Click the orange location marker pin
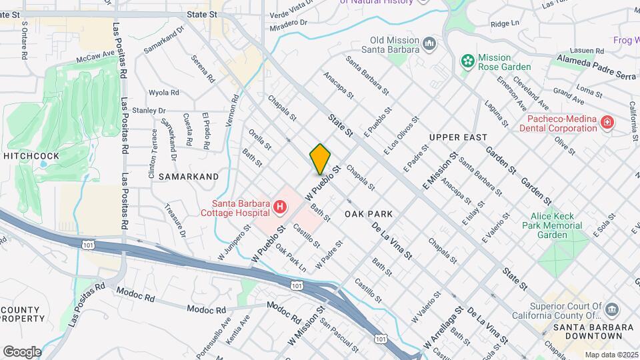click(x=320, y=159)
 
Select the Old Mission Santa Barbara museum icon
click(x=429, y=44)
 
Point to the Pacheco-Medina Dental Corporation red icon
click(x=607, y=122)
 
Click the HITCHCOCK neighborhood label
click(x=31, y=156)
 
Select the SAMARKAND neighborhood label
click(x=189, y=177)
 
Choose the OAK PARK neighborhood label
click(x=369, y=214)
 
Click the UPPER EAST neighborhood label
click(x=454, y=137)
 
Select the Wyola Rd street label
click(x=164, y=93)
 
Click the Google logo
click(x=22, y=351)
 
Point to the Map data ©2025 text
click(x=611, y=355)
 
